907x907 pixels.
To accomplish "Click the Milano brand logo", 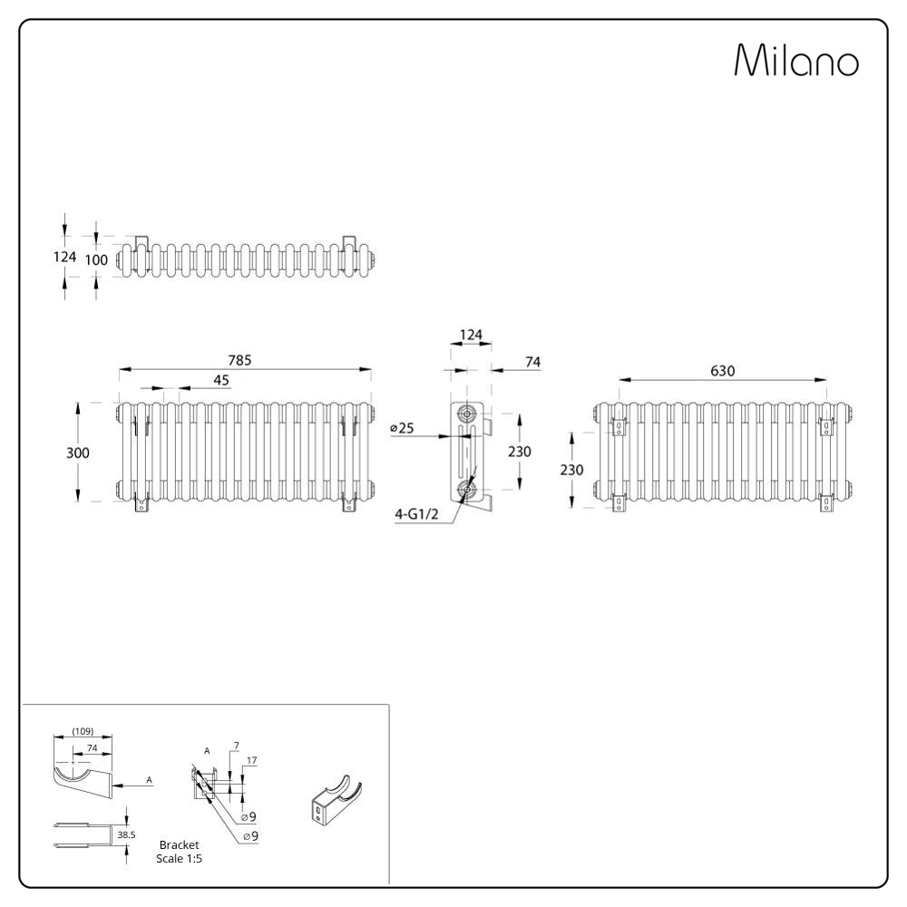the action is [796, 59].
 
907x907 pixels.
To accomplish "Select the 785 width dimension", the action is [239, 360].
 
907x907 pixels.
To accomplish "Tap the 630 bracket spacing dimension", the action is [723, 371].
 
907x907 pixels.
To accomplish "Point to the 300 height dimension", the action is [77, 453].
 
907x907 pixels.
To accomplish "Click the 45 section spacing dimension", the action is [221, 380].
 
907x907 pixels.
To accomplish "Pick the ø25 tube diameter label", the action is [402, 428].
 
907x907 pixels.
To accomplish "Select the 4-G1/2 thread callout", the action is [416, 513].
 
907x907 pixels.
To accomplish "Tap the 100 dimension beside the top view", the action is [96, 260].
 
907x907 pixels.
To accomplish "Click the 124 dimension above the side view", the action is [471, 335].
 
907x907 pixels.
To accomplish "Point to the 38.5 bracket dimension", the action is [126, 834].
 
